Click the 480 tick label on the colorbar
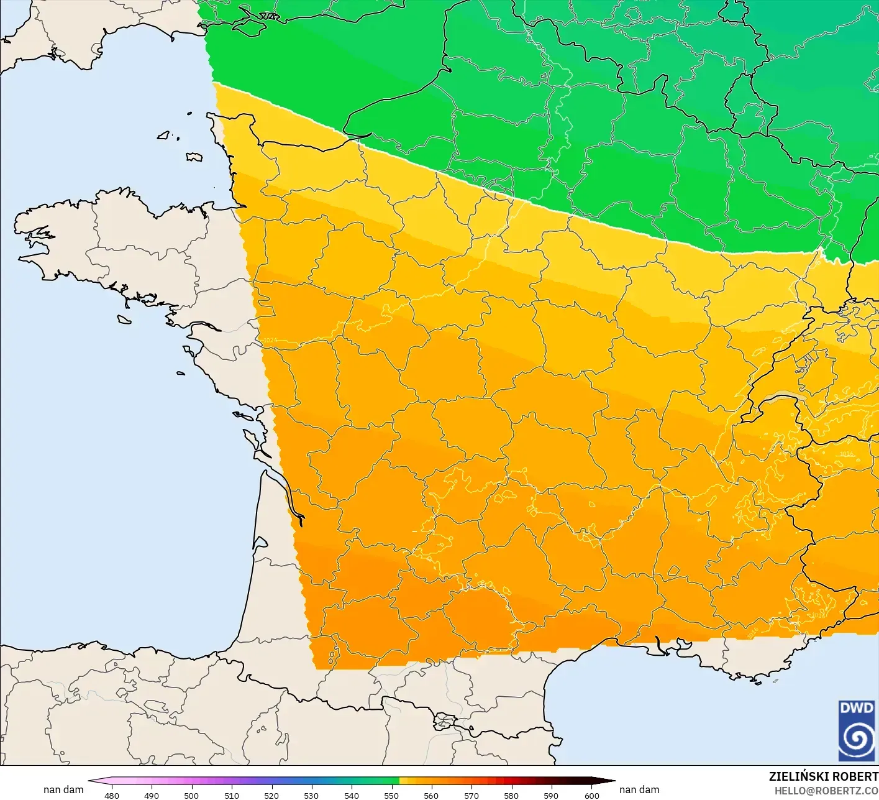click(112, 795)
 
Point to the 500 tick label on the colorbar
click(191, 795)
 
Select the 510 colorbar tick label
click(232, 795)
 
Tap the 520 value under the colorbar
click(271, 795)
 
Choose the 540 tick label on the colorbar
click(352, 795)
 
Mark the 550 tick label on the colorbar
click(391, 795)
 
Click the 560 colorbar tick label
click(431, 795)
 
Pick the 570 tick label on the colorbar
click(471, 795)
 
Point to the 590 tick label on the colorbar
click(551, 795)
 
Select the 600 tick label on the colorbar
click(591, 795)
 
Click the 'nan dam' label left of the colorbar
click(63, 789)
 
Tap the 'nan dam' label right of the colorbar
click(639, 789)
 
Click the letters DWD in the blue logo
click(857, 708)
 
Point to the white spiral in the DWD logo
click(857, 739)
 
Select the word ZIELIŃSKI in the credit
click(797, 776)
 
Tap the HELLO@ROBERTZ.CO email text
click(826, 790)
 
